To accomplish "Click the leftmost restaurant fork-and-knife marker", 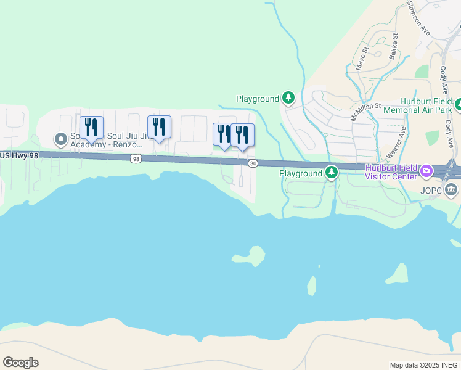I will pos(91,128).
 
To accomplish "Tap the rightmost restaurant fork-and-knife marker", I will pos(242,135).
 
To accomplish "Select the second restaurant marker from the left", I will pos(159,127).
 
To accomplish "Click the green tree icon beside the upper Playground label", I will pos(288,97).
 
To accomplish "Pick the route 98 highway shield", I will pos(136,159).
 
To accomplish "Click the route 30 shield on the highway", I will pos(253,163).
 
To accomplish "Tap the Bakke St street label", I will pos(395,47).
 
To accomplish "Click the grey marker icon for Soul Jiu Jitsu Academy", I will pos(60,139).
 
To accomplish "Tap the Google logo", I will pos(20,363).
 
